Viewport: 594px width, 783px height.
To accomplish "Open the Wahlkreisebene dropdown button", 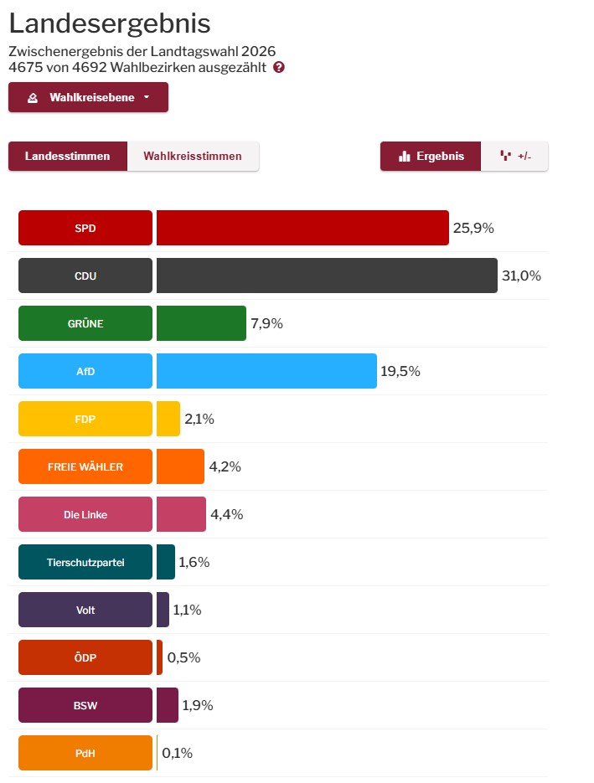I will [x=88, y=97].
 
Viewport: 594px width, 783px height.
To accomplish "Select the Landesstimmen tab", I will [x=68, y=156].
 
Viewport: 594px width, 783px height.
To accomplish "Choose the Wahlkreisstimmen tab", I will [x=193, y=156].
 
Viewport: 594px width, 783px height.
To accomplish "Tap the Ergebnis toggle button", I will [x=431, y=156].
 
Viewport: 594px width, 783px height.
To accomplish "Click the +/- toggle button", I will [x=515, y=156].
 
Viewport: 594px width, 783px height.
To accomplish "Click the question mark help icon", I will [x=279, y=67].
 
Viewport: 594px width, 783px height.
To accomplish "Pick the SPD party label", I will [x=85, y=228].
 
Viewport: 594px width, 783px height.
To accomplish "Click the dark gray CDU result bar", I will [x=327, y=276].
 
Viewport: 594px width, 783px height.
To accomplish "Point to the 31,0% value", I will [x=522, y=276].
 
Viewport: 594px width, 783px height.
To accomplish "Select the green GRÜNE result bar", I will [x=201, y=323].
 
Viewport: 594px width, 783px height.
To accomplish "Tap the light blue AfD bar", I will [x=266, y=371].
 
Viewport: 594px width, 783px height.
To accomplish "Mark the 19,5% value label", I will [x=400, y=371].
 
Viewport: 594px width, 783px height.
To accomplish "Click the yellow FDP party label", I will [x=85, y=419].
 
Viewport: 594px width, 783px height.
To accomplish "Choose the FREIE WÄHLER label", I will [x=85, y=466].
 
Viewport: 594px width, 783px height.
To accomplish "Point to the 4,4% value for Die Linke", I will [x=226, y=514].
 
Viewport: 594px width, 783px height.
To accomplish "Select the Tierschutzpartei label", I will [x=85, y=562].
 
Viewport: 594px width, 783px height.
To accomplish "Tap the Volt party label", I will [x=85, y=610].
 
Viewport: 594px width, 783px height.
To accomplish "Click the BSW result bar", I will [x=168, y=705].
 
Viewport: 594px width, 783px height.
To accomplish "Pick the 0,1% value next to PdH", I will [x=178, y=753].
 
